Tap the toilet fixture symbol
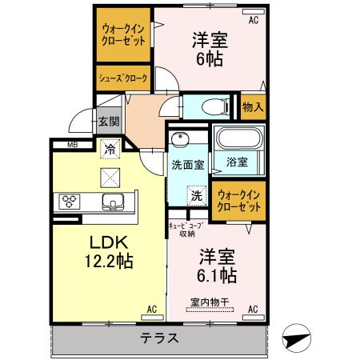(210, 106)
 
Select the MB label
(72, 145)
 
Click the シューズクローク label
(122, 78)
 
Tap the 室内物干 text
(210, 302)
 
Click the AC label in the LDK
(151, 308)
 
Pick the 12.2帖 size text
(108, 261)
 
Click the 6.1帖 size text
(215, 277)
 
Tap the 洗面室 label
(187, 165)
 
